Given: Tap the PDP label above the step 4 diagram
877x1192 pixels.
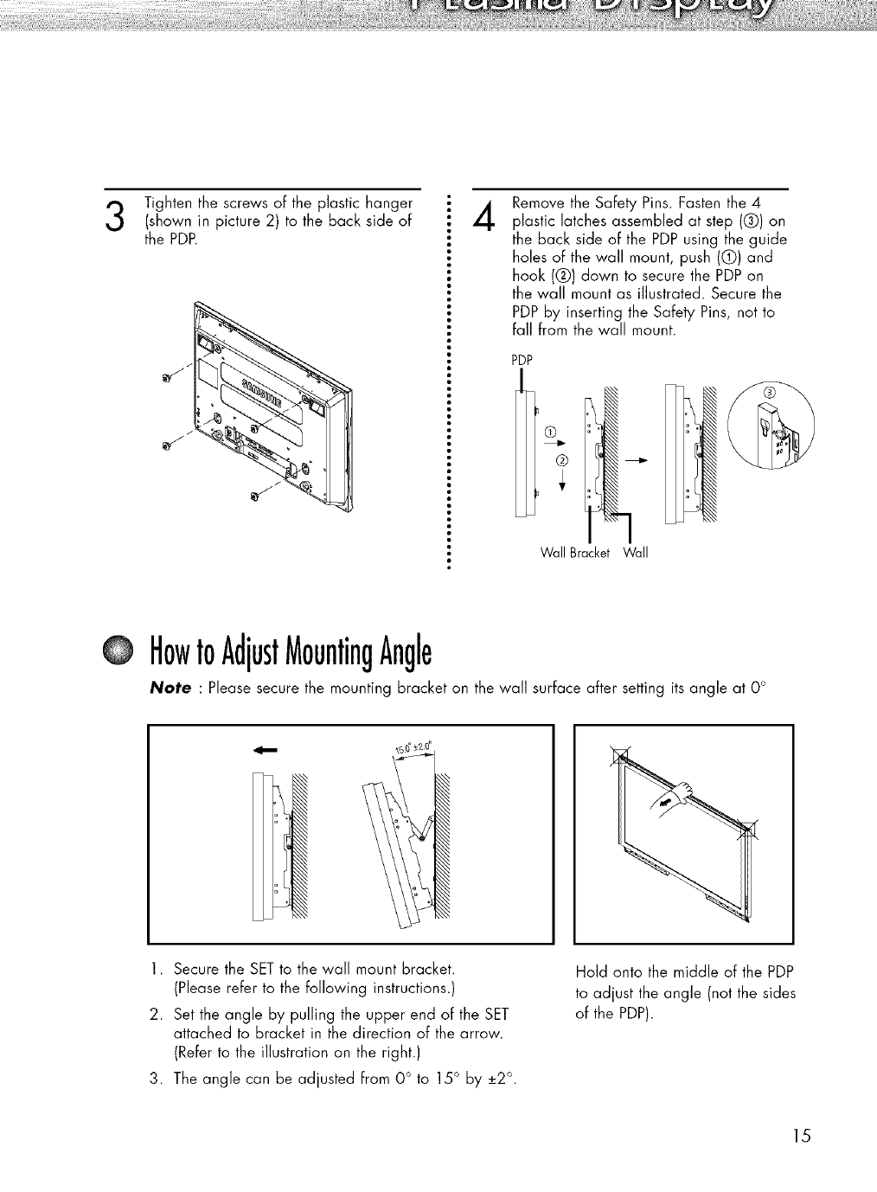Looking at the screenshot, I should [522, 360].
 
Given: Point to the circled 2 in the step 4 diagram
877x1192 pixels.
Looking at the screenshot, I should [560, 458].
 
